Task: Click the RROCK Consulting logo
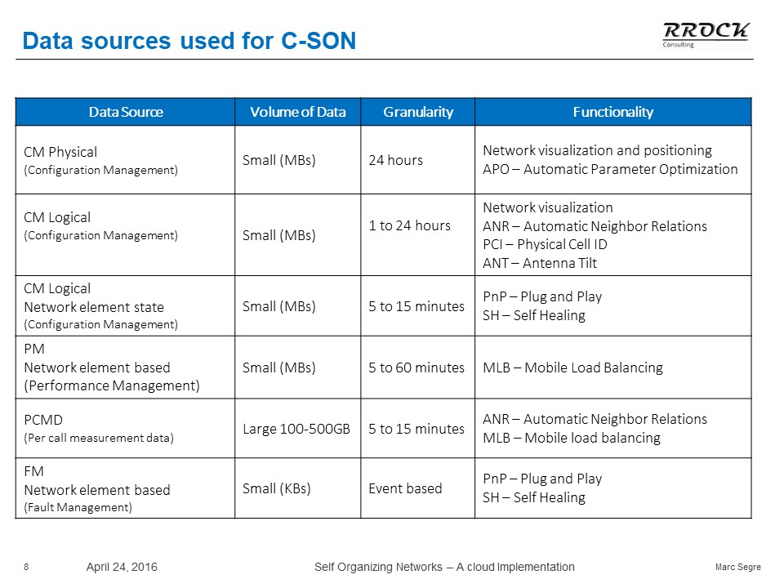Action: coord(706,35)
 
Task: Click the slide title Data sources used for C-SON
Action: coord(189,41)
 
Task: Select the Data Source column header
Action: coord(126,112)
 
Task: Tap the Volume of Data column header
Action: coord(298,112)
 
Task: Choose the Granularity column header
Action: coord(418,112)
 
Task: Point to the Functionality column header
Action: coord(613,112)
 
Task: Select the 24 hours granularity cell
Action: coord(395,160)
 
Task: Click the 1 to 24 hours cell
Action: coord(409,225)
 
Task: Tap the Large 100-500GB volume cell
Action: coord(296,429)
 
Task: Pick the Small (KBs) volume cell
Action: coord(277,488)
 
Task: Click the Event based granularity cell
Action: coord(405,488)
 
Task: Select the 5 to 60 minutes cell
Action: coord(416,367)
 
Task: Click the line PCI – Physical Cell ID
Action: coord(545,244)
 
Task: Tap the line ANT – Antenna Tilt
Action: coord(540,263)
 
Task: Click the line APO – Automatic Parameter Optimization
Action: coord(610,170)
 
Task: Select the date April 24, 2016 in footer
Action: coord(122,567)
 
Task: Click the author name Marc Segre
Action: coord(738,567)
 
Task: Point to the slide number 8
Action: coord(26,567)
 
